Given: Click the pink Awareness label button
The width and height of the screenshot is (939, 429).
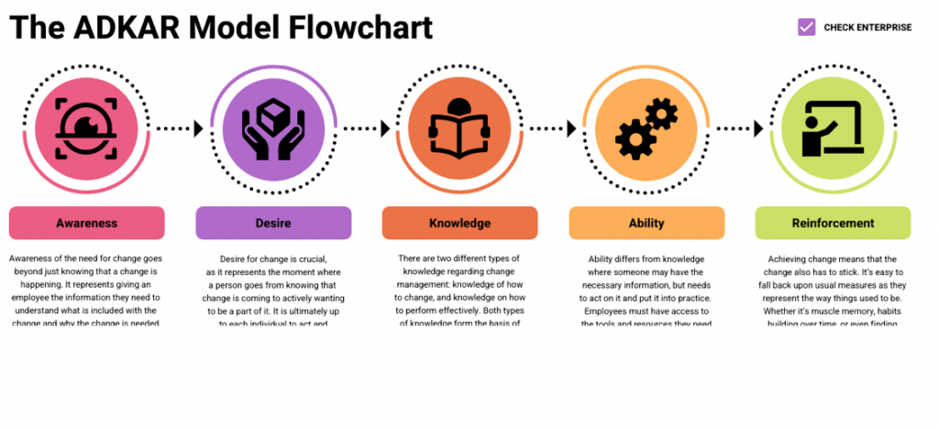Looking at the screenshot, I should pyautogui.click(x=86, y=223).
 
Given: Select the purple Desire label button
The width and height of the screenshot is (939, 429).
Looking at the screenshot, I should pyautogui.click(x=273, y=223).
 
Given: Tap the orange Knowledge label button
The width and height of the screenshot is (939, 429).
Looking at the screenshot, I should pyautogui.click(x=459, y=223).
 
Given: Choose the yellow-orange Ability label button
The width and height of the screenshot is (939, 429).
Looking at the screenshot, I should pyautogui.click(x=646, y=223).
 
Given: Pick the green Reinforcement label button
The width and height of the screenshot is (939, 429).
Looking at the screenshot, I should pyautogui.click(x=833, y=223).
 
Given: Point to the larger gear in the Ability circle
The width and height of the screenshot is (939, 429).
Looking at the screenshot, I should pyautogui.click(x=634, y=137).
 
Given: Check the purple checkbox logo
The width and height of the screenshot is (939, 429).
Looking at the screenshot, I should pyautogui.click(x=806, y=27).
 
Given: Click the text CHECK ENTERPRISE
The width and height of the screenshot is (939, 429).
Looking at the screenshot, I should pyautogui.click(x=867, y=27).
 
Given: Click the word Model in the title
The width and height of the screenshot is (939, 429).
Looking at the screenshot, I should pyautogui.click(x=238, y=27).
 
